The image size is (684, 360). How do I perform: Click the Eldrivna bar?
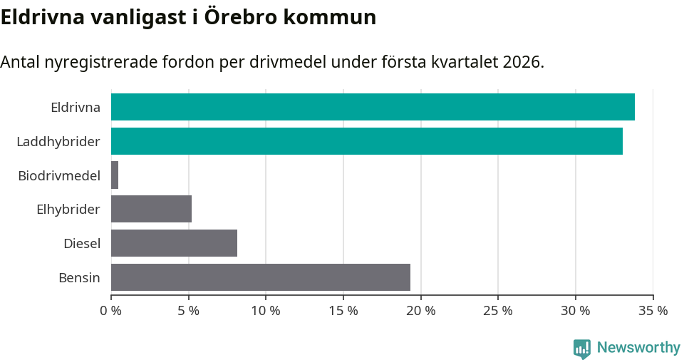373,107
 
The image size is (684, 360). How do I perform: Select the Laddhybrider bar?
367,141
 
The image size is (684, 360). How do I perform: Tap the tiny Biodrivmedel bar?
115,175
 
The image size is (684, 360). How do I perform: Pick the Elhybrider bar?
151,210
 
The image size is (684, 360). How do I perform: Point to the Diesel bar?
174,243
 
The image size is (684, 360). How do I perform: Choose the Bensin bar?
261,277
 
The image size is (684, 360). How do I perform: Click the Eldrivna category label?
75,108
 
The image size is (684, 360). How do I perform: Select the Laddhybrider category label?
58,142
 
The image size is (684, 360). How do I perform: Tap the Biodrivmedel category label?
59,175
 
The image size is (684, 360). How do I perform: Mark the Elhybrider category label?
68,210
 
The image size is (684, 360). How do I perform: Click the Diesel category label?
82,244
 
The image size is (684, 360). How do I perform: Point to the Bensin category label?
79,278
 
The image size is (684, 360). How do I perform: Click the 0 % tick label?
111,311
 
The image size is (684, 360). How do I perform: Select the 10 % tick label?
266,311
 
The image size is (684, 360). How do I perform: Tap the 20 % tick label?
420,311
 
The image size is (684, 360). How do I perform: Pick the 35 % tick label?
653,311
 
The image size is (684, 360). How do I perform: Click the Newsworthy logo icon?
582,348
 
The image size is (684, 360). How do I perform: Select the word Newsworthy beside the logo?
638,348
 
